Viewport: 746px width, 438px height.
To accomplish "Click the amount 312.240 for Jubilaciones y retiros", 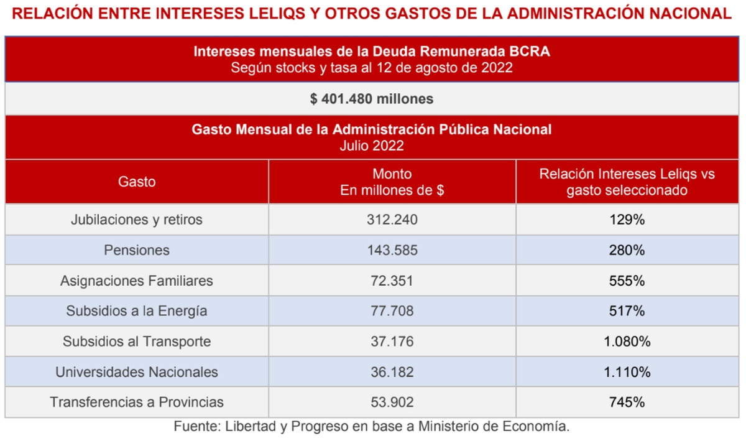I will tap(392, 220).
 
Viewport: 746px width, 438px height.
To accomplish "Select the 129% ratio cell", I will tap(627, 220).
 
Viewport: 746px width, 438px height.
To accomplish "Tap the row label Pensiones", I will tap(137, 250).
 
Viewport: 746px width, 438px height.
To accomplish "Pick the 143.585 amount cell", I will tap(392, 250).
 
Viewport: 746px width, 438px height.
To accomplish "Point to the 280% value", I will tap(627, 250).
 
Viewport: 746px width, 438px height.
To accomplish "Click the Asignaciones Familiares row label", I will tap(137, 281).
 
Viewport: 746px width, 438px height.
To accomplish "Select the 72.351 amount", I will tap(392, 281).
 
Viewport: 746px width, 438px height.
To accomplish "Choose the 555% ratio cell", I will tap(627, 281).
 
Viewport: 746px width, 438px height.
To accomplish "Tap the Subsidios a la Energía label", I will tap(137, 311).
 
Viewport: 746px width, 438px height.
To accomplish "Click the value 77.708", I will tap(392, 311).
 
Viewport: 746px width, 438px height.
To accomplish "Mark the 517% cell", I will tap(627, 311).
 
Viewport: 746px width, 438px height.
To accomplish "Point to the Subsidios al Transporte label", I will tap(137, 342).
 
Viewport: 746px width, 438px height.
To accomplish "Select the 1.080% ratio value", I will tap(627, 342).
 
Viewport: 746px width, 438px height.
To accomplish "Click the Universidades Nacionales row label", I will tap(137, 372).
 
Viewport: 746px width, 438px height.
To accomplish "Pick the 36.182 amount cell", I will tap(392, 372).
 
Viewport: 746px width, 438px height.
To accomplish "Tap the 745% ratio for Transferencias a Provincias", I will tap(627, 403).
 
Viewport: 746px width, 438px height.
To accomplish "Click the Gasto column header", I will tap(137, 182).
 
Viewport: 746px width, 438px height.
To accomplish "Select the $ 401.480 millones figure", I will tap(372, 98).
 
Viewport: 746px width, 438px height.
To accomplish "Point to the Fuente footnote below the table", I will tap(372, 427).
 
